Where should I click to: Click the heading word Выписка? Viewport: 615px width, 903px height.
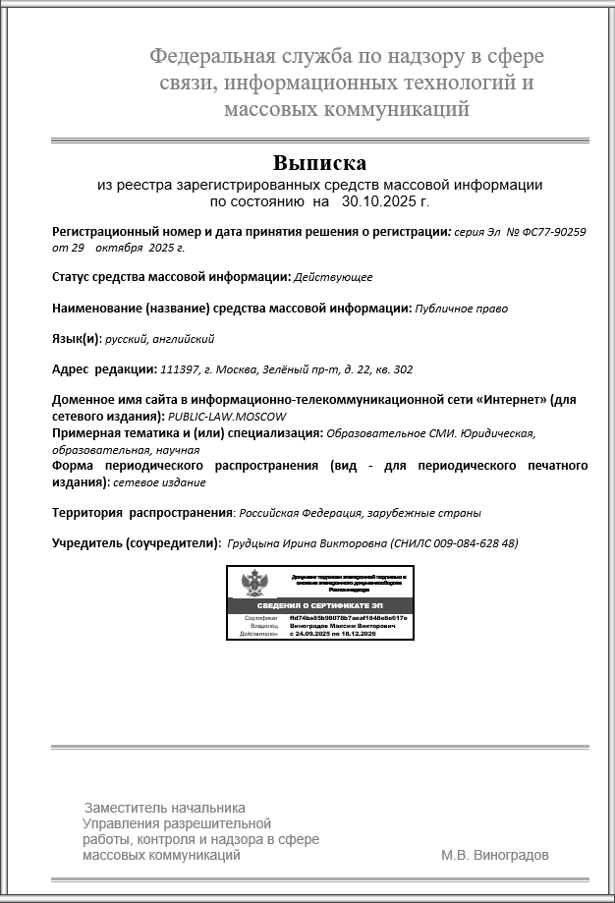pyautogui.click(x=320, y=162)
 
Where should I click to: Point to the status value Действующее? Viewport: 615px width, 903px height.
pyautogui.click(x=333, y=277)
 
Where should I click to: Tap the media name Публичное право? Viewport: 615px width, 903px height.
pyautogui.click(x=462, y=309)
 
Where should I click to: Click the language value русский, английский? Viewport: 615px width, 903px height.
pyautogui.click(x=160, y=339)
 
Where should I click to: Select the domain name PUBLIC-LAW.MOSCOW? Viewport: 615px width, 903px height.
pyautogui.click(x=218, y=418)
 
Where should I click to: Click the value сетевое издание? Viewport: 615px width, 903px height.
pyautogui.click(x=160, y=482)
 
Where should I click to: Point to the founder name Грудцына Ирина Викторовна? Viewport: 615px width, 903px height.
pyautogui.click(x=307, y=543)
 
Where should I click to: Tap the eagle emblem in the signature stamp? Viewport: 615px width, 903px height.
pyautogui.click(x=256, y=585)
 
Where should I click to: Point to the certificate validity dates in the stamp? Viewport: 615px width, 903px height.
pyautogui.click(x=335, y=635)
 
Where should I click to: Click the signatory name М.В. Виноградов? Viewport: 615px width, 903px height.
pyautogui.click(x=495, y=855)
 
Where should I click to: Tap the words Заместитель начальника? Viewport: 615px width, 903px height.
pyautogui.click(x=163, y=808)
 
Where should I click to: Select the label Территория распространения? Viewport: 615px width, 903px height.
pyautogui.click(x=141, y=513)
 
